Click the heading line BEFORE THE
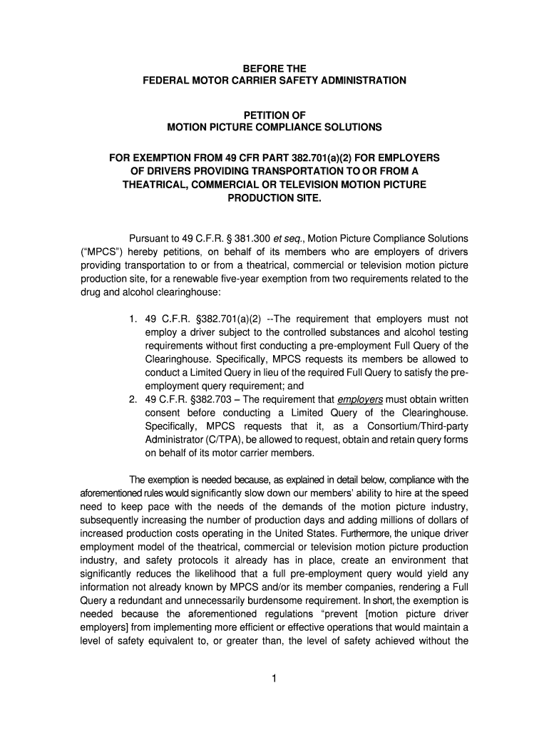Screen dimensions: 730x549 click(274, 69)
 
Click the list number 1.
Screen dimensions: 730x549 click(133, 319)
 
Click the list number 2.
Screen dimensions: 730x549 click(133, 399)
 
